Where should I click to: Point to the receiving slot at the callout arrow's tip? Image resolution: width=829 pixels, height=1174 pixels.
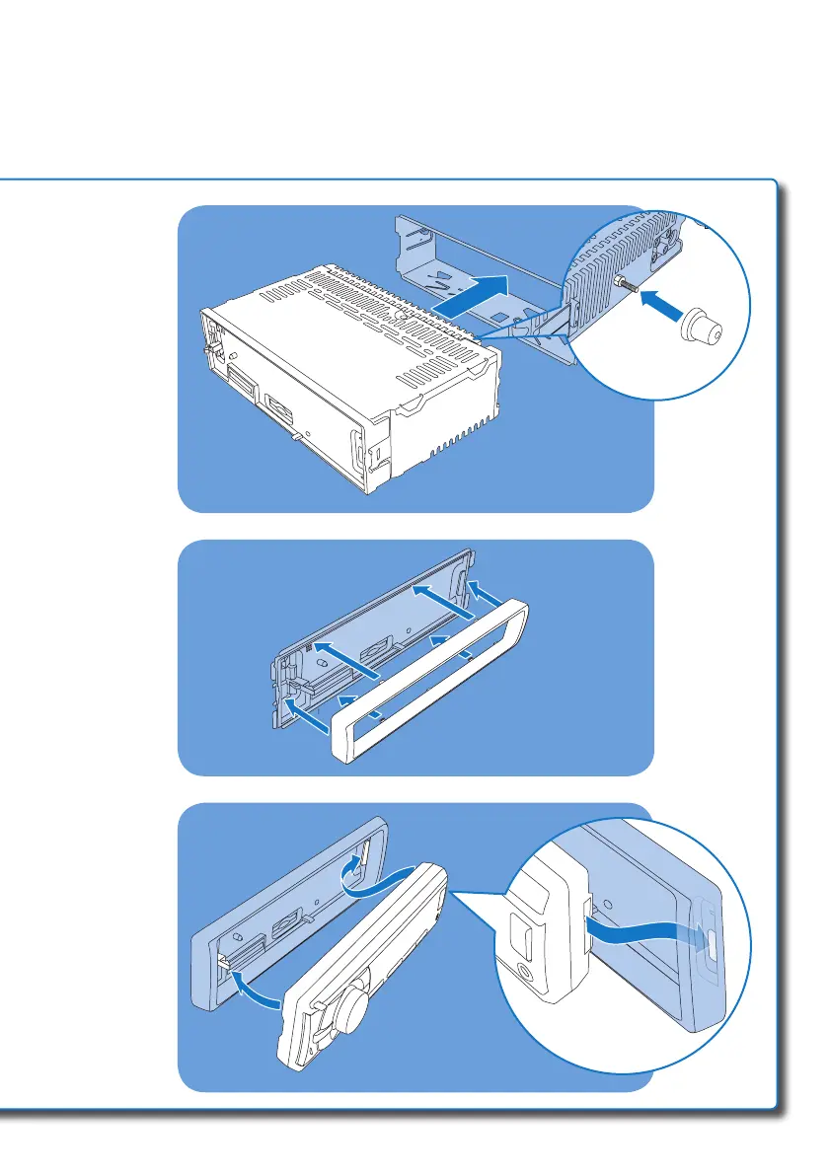(x=707, y=931)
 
